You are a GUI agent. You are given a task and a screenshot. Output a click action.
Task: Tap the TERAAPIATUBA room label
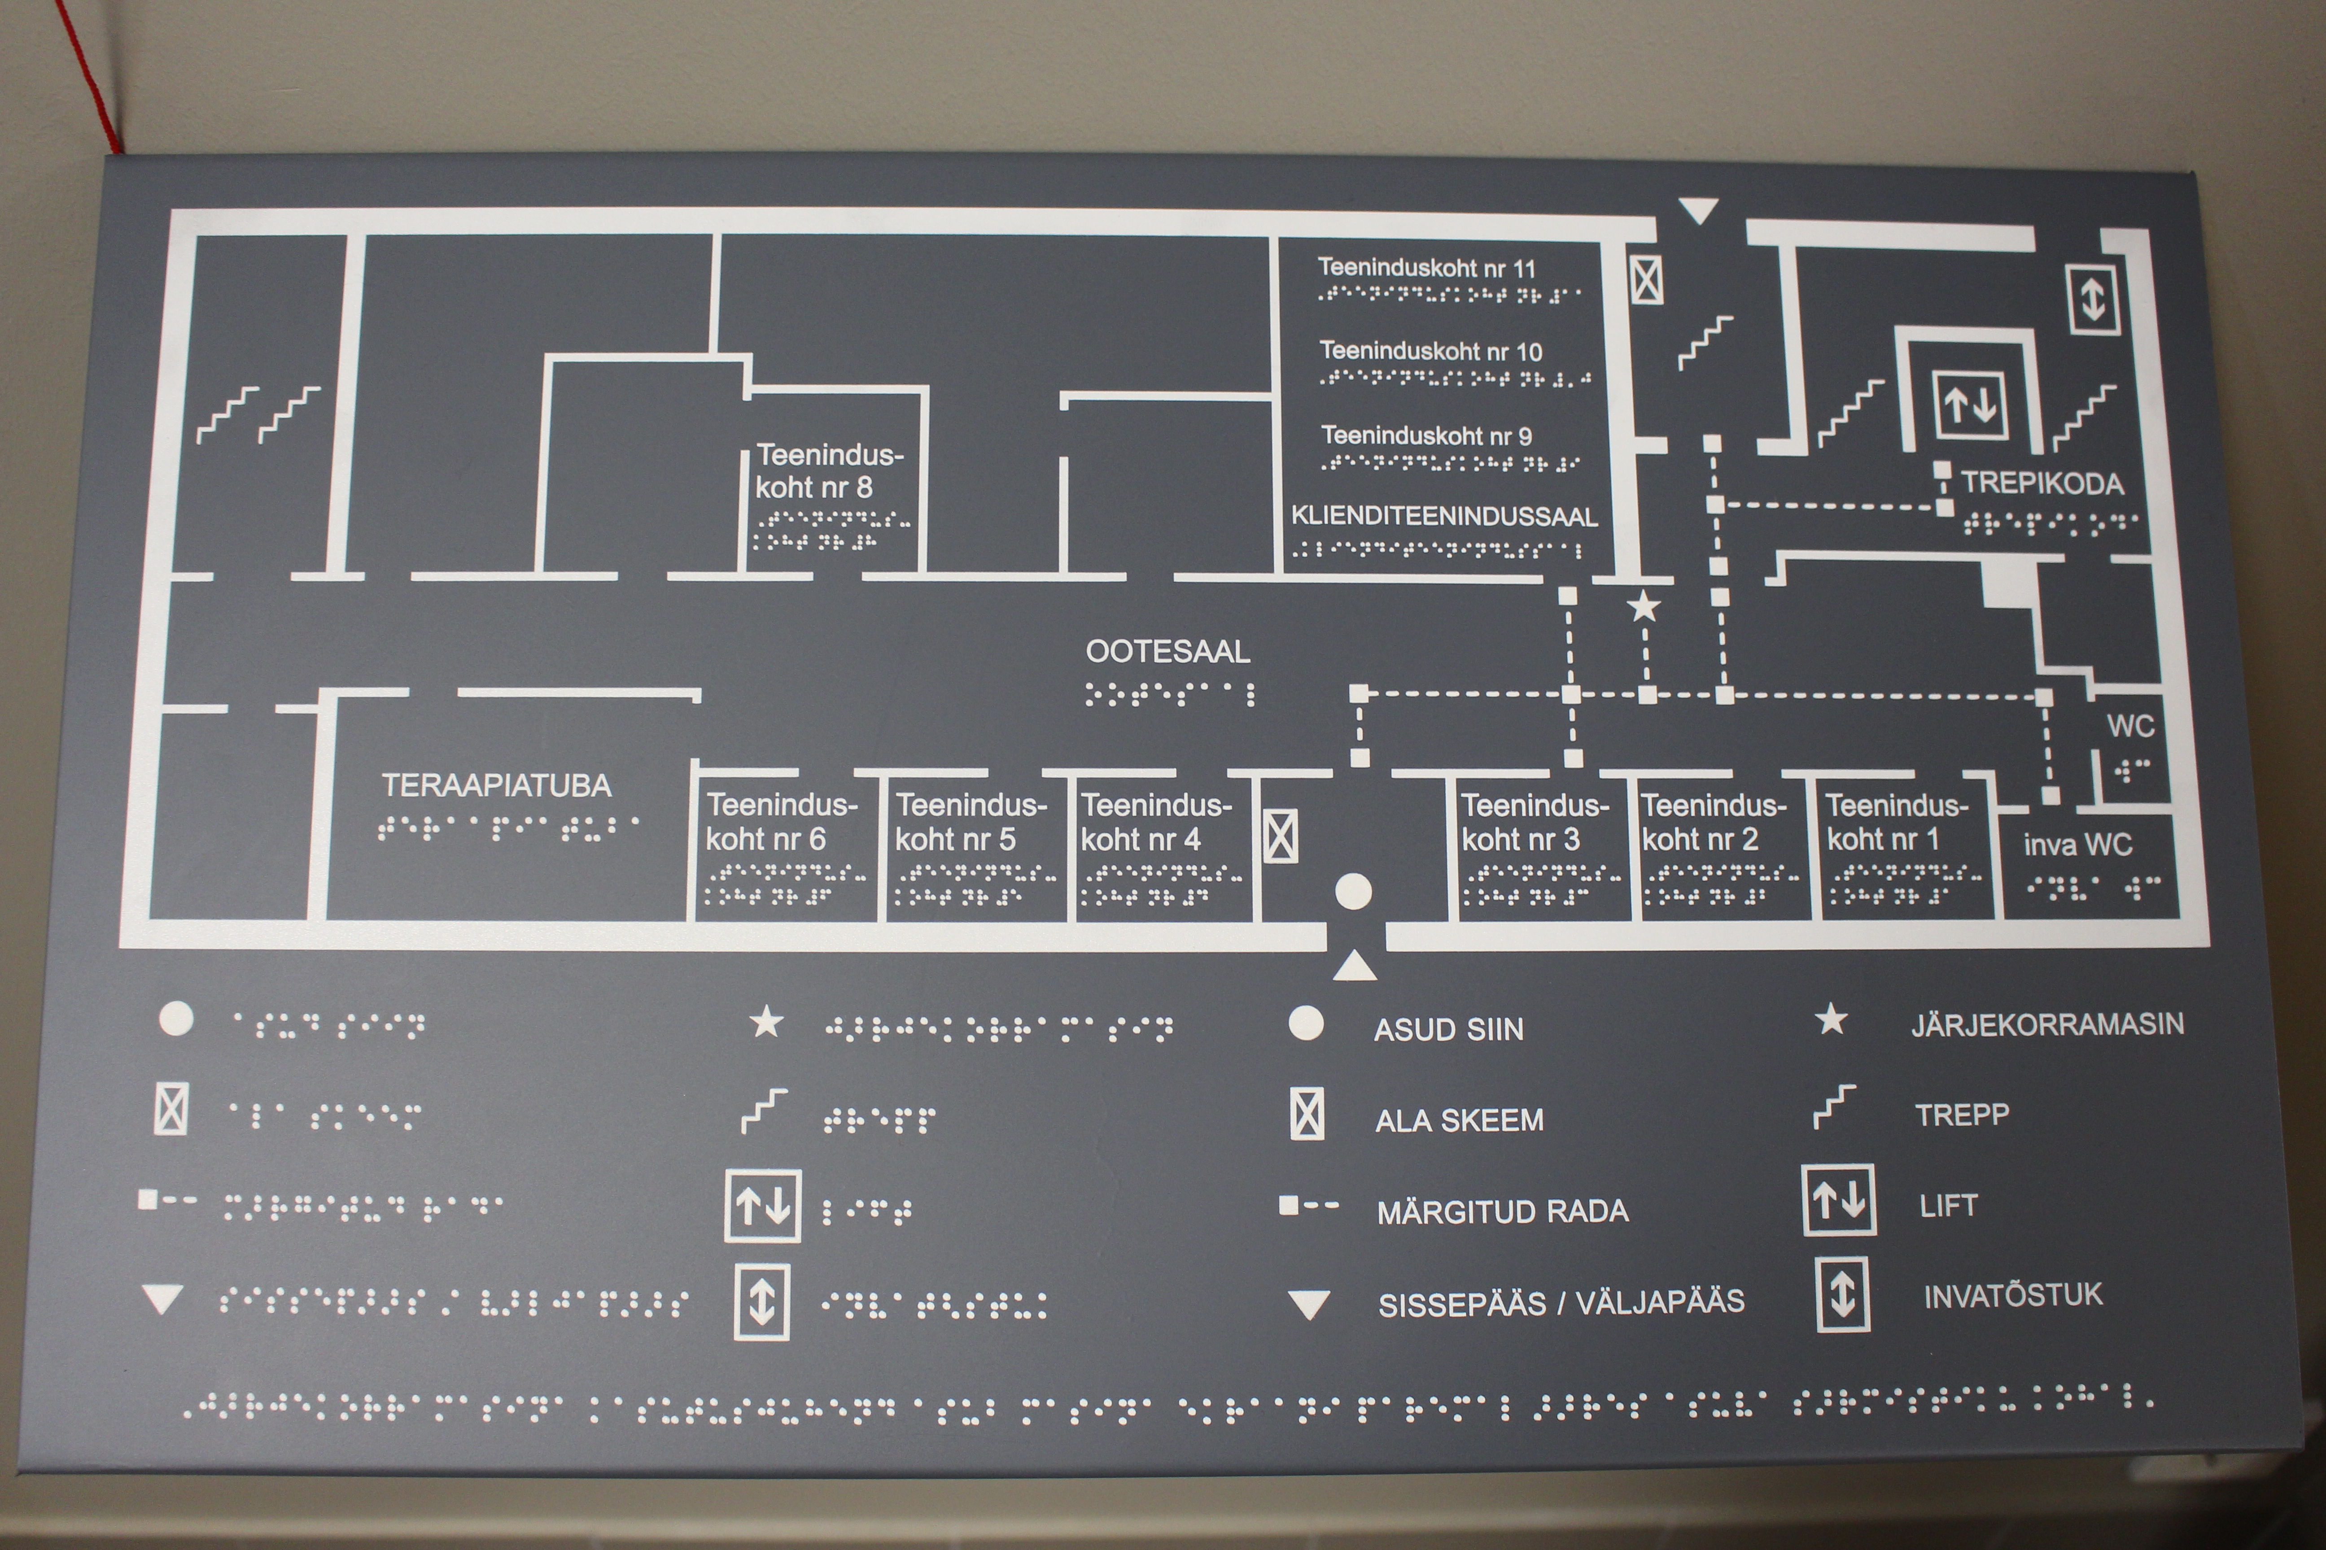[x=496, y=786]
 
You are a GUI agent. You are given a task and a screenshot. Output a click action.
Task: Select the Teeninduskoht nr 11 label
[x=1426, y=268]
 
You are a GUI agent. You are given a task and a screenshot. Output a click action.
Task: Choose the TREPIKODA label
[x=2042, y=483]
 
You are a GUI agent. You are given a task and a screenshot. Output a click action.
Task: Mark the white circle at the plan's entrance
[x=1353, y=891]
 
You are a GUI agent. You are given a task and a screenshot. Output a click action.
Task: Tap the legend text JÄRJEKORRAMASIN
[x=2047, y=1024]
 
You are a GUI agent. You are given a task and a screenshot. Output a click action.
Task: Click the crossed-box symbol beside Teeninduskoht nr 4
[x=1280, y=836]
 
